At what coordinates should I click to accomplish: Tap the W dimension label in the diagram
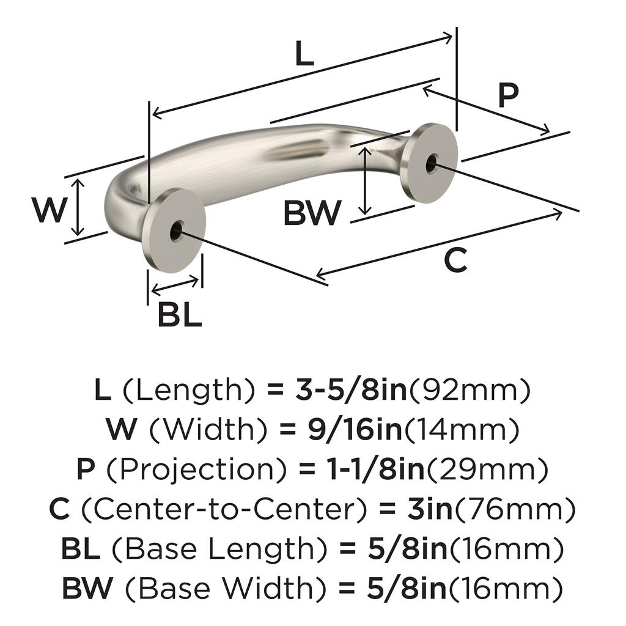click(x=48, y=210)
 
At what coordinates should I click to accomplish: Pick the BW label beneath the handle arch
click(x=312, y=213)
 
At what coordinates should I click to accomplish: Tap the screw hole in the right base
click(x=432, y=163)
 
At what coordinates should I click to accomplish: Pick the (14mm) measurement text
click(x=462, y=430)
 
